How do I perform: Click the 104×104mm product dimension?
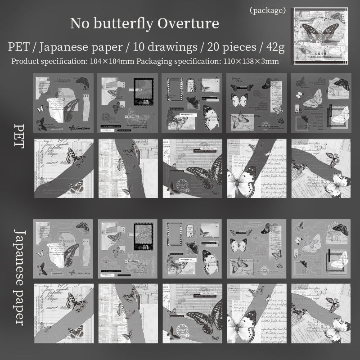tap(111, 61)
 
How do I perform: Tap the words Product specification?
tap(47, 61)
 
